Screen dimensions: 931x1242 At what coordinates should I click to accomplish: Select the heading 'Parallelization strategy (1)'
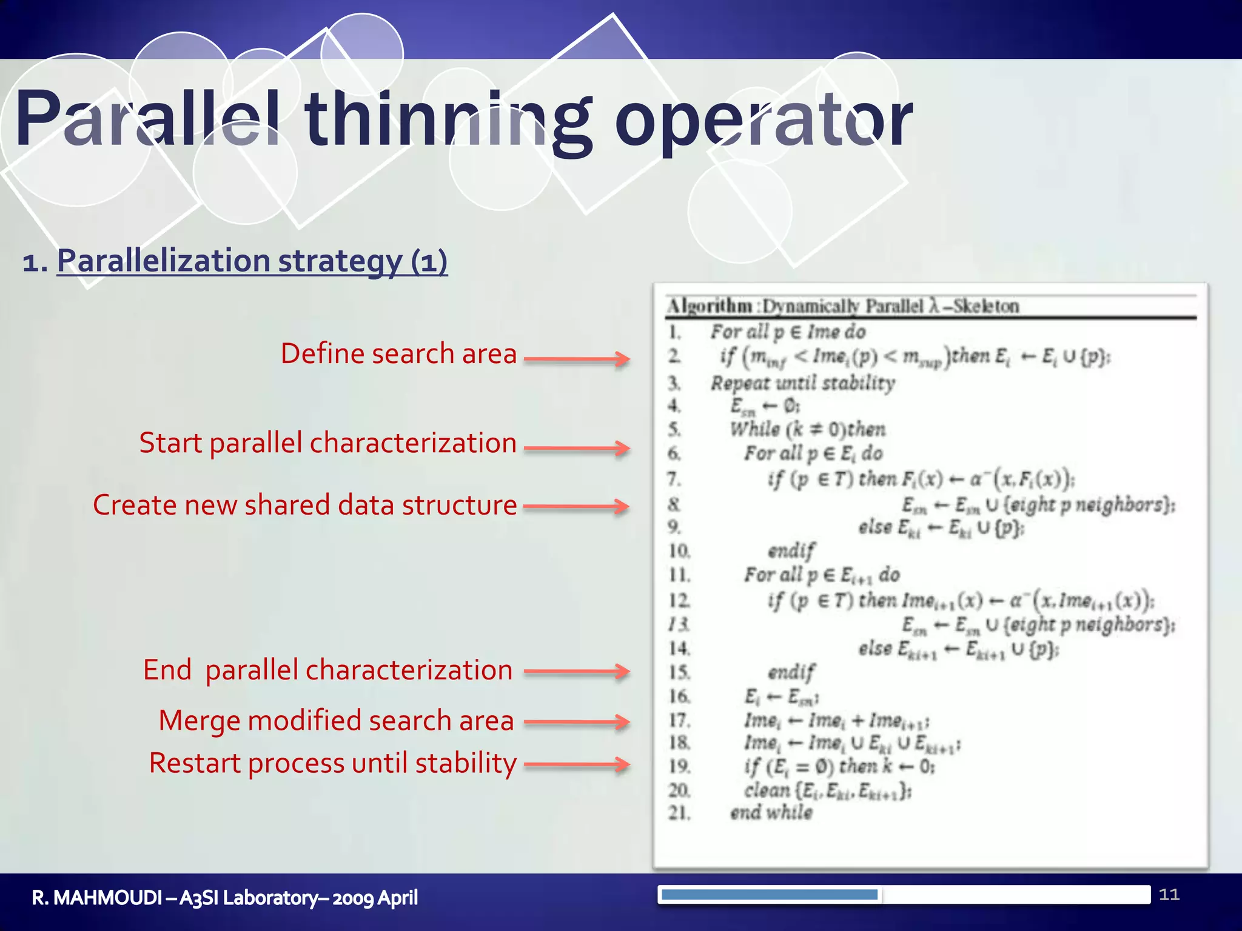tap(252, 261)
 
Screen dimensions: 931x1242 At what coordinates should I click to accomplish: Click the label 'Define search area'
tap(398, 353)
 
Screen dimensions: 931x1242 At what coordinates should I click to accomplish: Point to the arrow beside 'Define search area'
tap(576, 359)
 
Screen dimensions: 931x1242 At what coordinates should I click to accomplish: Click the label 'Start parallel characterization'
tap(327, 442)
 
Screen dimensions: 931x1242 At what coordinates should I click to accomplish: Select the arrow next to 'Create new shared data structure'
tap(576, 506)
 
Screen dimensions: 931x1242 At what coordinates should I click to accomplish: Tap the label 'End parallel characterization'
tap(327, 670)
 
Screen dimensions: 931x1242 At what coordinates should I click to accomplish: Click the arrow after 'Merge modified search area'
tap(576, 722)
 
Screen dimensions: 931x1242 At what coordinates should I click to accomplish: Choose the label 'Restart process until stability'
tap(332, 763)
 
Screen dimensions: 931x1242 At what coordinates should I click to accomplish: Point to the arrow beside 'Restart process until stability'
tap(576, 764)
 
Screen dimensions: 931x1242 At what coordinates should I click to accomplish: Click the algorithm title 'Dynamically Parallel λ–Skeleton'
tap(890, 306)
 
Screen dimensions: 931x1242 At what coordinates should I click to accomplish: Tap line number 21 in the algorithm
tap(679, 812)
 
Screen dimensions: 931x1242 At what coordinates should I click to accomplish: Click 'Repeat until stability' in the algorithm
tap(802, 383)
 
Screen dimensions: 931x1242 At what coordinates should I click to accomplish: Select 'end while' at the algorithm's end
tap(771, 812)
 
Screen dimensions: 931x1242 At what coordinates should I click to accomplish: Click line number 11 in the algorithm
tap(679, 575)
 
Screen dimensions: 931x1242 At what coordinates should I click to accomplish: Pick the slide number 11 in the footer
tap(1169, 895)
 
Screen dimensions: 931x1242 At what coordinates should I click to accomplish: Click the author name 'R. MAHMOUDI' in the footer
tap(97, 898)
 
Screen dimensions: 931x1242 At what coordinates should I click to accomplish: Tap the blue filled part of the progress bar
tap(769, 895)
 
